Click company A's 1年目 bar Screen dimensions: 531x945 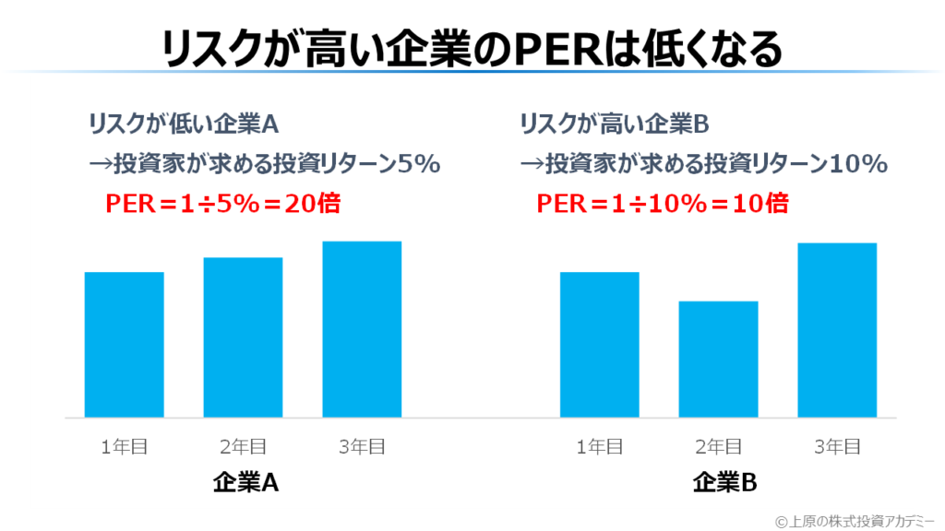tap(124, 345)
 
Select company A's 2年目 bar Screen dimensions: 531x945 tap(243, 337)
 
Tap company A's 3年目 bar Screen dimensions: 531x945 tap(362, 329)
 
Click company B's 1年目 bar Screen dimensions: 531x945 tap(600, 345)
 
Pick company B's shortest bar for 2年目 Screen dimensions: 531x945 tap(718, 360)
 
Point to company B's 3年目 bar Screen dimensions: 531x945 tap(837, 330)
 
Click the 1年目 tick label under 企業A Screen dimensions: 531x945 tap(125, 447)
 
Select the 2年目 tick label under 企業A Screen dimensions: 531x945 tap(243, 447)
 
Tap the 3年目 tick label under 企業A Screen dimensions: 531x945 tap(362, 447)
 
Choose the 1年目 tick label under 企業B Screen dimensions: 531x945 tap(600, 447)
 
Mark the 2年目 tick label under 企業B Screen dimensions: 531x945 tap(718, 447)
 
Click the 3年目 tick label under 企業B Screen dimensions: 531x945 tap(837, 447)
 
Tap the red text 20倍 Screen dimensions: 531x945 tap(312, 203)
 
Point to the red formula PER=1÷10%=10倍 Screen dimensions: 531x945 tap(663, 203)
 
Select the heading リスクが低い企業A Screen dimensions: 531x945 tap(183, 123)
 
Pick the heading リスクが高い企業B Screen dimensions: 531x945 tap(614, 123)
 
